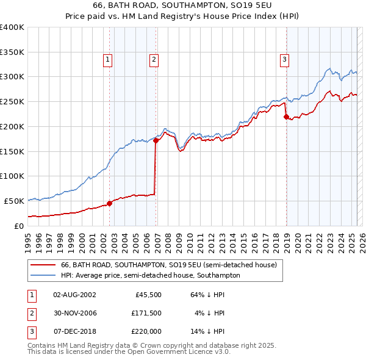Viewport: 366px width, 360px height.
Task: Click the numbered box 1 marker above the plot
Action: click(107, 59)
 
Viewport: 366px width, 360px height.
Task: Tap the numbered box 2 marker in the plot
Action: click(153, 59)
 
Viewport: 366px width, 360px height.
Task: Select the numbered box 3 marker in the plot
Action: click(284, 59)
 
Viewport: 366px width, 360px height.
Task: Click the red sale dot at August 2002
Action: click(110, 203)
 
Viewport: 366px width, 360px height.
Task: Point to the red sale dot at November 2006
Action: click(156, 140)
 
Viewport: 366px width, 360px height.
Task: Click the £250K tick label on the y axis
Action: click(12, 102)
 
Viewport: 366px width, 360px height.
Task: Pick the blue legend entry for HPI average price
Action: click(150, 275)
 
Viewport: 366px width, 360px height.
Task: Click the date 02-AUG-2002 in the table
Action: click(74, 295)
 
